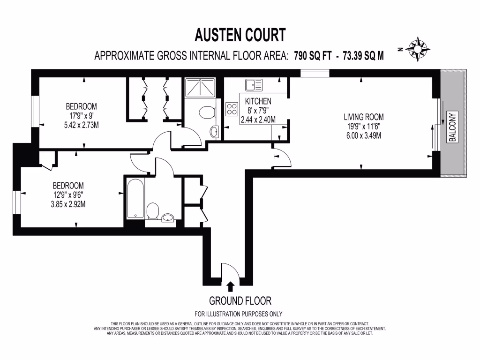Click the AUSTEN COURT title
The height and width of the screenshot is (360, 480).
coord(240,35)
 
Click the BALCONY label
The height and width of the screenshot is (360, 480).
coord(452,127)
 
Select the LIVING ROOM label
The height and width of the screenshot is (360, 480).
coord(364,117)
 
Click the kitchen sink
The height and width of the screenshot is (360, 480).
coord(253,85)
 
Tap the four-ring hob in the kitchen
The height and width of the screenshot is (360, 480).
coord(232,109)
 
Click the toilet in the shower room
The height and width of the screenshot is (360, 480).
coord(206,113)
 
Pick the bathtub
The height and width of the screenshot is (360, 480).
coord(135,199)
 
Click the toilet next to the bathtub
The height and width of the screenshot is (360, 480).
coord(152,211)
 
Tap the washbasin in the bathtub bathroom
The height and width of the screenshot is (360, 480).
coord(168,217)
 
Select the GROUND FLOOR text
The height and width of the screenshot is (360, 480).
coord(240,300)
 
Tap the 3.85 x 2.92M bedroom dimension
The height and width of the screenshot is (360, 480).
coord(68,204)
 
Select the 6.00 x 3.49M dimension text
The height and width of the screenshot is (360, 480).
coord(364,136)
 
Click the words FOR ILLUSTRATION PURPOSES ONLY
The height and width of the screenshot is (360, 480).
coord(239,314)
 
